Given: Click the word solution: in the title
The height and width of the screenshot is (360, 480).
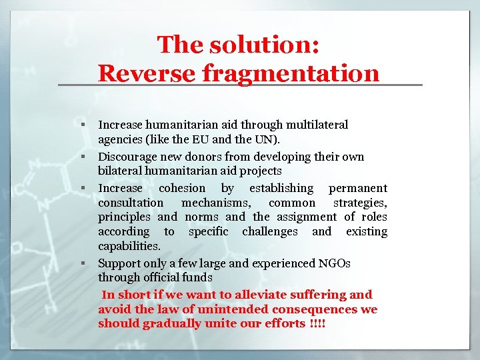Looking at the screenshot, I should [x=265, y=45].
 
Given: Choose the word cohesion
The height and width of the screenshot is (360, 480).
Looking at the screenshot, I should [x=182, y=188].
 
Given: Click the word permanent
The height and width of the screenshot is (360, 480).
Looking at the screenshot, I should [x=358, y=188].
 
